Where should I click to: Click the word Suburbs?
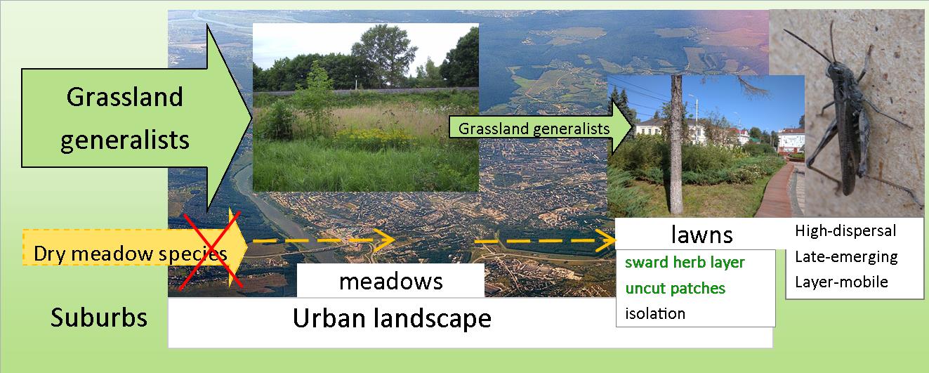[99, 318]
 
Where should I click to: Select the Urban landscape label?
[392, 319]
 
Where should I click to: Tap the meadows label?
[390, 281]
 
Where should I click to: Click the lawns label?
[701, 235]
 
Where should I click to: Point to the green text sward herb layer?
[685, 263]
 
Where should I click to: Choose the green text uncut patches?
[676, 288]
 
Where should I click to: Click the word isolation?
[655, 314]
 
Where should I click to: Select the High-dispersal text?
[845, 230]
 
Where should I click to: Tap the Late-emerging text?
[846, 257]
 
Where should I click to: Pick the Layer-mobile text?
[841, 282]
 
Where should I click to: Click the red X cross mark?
[211, 250]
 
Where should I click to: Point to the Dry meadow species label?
[130, 254]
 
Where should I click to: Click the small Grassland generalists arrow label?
[534, 129]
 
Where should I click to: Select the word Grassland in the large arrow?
[124, 97]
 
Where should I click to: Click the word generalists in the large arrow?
[125, 140]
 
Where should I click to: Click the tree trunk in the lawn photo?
[676, 145]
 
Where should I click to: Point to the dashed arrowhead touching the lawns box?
[606, 241]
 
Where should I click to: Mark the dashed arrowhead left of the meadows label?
[385, 240]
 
